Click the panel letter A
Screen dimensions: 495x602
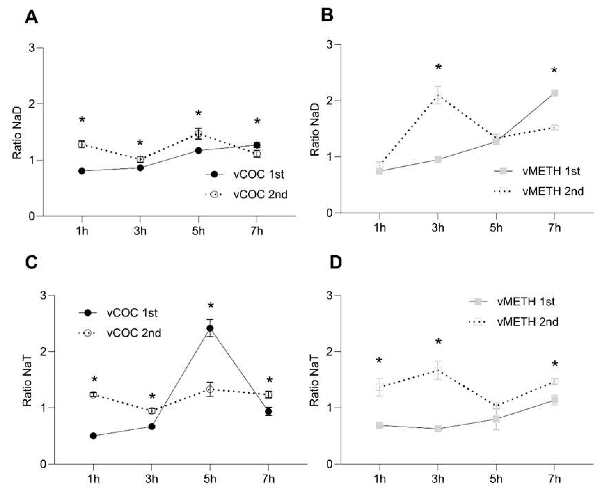point(31,18)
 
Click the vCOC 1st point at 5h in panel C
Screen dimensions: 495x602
point(210,328)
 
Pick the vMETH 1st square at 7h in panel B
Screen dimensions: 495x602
point(554,93)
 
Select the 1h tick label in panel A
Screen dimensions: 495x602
point(82,231)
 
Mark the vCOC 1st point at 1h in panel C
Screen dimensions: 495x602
point(93,436)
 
